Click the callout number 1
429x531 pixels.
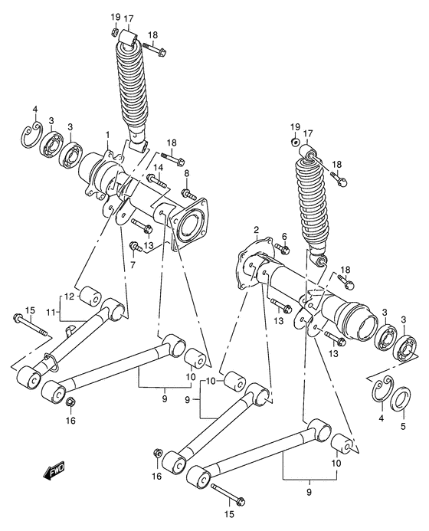coord(108,135)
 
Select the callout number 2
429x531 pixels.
coord(257,229)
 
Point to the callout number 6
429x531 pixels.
coord(283,236)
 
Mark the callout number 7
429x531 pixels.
coord(132,264)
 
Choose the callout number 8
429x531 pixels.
coord(186,174)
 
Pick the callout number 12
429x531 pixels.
coord(67,297)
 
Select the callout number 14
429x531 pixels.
coord(159,167)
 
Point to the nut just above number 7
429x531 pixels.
coord(136,247)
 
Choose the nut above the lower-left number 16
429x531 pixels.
coord(70,402)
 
